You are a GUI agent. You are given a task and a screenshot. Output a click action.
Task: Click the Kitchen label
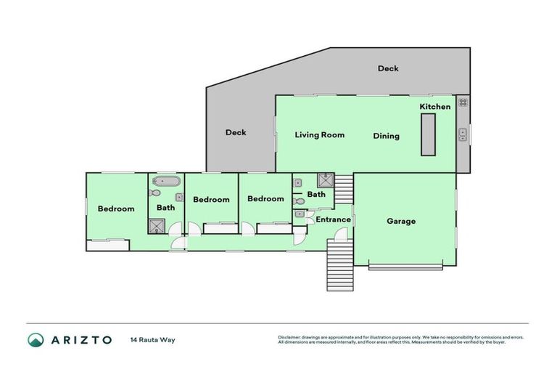click(x=435, y=107)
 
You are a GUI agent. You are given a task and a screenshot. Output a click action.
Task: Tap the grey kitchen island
click(x=428, y=134)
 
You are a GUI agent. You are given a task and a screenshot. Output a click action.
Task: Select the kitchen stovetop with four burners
click(x=462, y=102)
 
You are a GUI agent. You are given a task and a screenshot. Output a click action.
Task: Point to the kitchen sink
click(x=462, y=134)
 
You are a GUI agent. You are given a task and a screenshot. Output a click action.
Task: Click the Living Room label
click(x=319, y=135)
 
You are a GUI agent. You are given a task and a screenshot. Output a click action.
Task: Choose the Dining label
click(x=386, y=136)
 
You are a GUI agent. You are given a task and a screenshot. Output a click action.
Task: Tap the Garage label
click(x=401, y=222)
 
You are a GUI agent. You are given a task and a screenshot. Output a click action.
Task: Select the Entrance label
click(x=333, y=219)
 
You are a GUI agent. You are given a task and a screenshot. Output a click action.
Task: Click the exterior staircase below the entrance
click(x=339, y=264)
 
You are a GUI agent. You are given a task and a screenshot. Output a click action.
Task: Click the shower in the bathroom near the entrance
click(x=325, y=180)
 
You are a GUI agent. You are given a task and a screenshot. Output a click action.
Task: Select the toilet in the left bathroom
click(x=154, y=194)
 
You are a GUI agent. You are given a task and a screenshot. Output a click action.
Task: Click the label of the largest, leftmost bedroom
click(x=116, y=209)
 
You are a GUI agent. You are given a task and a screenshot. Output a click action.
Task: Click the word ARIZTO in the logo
click(x=81, y=340)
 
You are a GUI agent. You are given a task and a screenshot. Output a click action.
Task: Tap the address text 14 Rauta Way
click(x=152, y=340)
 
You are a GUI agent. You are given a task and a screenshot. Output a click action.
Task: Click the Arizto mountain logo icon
click(x=36, y=340)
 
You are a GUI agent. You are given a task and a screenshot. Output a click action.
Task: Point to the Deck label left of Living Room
click(x=236, y=132)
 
